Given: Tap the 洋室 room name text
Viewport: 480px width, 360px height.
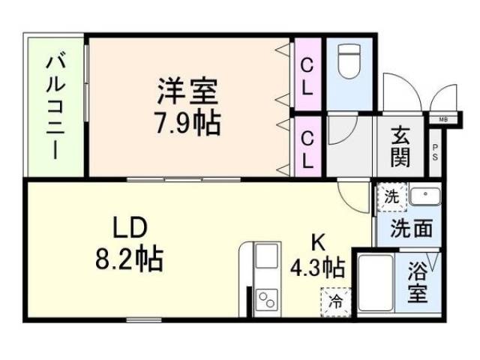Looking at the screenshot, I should coord(187,92).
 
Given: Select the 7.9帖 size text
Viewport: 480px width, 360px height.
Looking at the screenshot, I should coord(187,121).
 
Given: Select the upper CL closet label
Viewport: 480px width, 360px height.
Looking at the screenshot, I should coord(307,76).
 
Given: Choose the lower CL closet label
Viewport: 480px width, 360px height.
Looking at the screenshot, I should coord(307,149).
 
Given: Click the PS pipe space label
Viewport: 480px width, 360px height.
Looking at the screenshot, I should coord(436,154).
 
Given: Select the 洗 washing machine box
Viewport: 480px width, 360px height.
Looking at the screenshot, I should coord(391,197).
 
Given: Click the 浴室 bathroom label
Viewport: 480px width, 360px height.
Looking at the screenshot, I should coord(420,281).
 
